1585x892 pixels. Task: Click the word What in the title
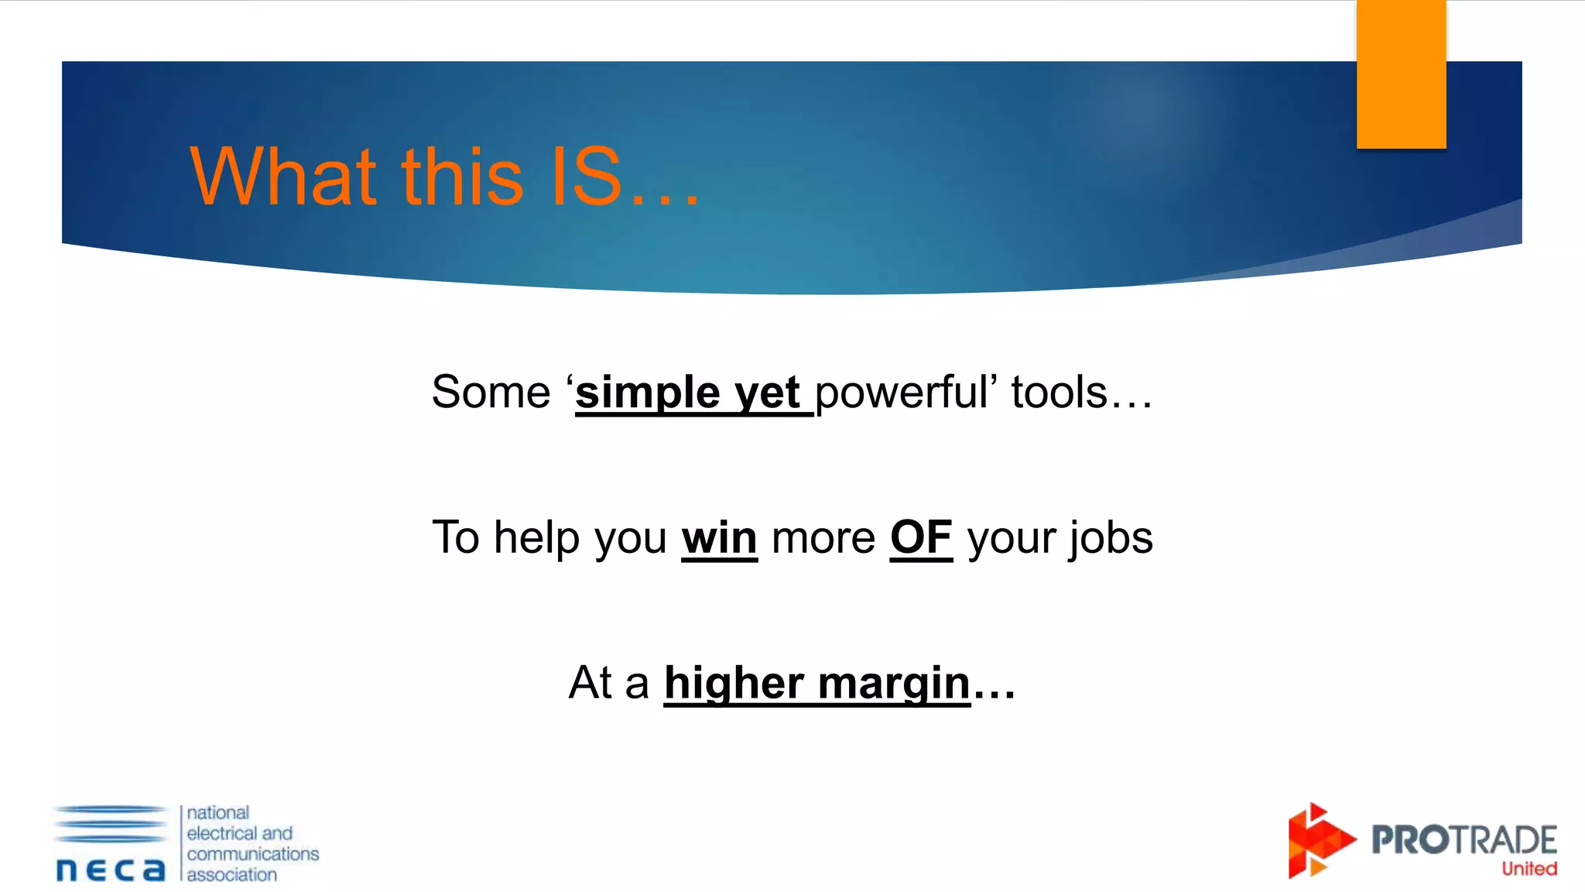coord(283,177)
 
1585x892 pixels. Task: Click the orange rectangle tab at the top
coord(1401,74)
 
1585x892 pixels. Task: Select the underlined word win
coord(719,538)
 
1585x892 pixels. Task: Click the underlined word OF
coord(921,537)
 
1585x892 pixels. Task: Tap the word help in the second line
coord(536,538)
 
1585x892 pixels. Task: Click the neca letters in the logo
coord(111,870)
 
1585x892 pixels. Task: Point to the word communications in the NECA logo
coord(252,854)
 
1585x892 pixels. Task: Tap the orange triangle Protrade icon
coord(1319,841)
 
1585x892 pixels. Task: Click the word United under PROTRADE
coord(1529,869)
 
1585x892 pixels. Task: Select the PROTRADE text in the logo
coord(1463,839)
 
